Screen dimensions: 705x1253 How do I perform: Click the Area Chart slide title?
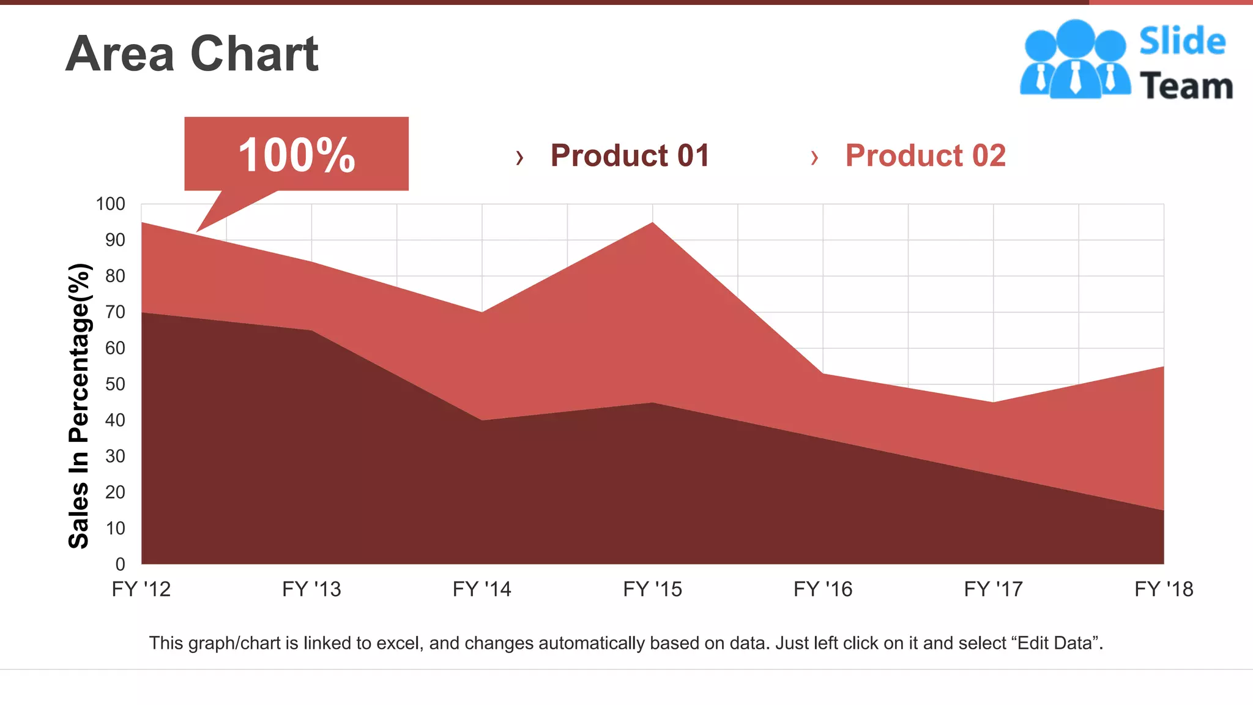click(191, 54)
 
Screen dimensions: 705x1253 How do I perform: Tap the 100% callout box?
click(296, 154)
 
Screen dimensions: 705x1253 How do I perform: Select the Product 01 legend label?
click(630, 155)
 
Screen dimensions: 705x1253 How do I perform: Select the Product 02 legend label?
click(925, 155)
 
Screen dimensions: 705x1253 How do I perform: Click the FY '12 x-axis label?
click(141, 589)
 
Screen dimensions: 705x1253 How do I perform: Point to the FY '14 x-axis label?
click(481, 589)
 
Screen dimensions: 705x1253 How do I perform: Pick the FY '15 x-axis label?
click(652, 589)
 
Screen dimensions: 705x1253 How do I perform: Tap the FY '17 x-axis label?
click(993, 589)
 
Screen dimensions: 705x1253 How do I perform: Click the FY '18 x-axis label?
click(1164, 589)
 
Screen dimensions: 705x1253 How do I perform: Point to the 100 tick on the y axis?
click(110, 204)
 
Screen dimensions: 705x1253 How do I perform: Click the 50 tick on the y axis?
click(115, 384)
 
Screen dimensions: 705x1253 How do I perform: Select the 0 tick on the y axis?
click(120, 564)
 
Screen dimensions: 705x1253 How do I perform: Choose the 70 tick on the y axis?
click(115, 312)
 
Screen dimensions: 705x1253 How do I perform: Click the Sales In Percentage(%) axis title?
click(80, 406)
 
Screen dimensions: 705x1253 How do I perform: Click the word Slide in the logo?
click(1182, 42)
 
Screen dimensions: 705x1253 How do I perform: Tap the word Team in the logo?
click(1186, 86)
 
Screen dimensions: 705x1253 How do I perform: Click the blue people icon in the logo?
click(1074, 59)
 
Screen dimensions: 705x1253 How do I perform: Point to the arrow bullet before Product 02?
click(814, 158)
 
